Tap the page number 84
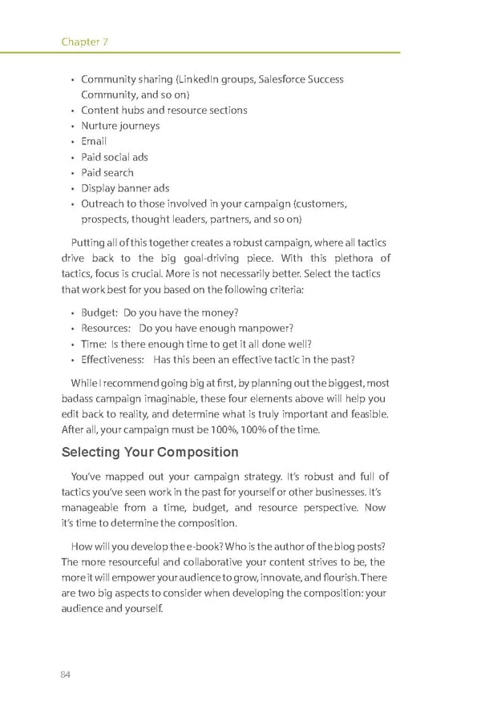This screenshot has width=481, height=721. click(x=66, y=674)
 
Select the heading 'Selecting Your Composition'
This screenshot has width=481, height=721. click(x=150, y=452)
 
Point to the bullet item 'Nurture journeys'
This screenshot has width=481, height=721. click(x=120, y=126)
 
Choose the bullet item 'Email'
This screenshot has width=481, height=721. click(x=94, y=141)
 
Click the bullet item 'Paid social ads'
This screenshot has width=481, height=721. click(x=115, y=157)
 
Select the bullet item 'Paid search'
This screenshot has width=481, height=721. click(x=107, y=172)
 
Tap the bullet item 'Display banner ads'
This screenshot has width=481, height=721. click(x=125, y=188)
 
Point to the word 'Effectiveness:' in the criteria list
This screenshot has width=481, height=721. click(x=113, y=359)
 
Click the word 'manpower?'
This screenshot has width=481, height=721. click(x=269, y=328)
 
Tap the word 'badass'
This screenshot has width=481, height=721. click(x=77, y=398)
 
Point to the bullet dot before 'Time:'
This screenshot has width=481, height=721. click(x=73, y=344)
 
